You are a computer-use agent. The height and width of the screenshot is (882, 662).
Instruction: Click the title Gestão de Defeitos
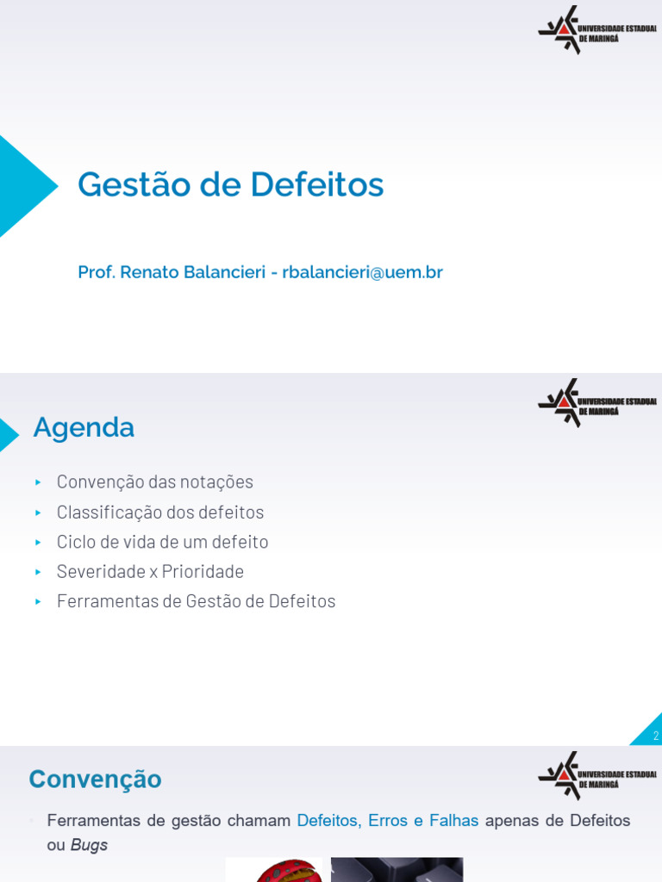(x=230, y=184)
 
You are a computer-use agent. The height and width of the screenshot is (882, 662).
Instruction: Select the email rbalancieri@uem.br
(x=362, y=272)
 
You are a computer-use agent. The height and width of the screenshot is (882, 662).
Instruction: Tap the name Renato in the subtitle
(x=149, y=272)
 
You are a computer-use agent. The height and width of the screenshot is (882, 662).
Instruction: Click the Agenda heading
(x=84, y=427)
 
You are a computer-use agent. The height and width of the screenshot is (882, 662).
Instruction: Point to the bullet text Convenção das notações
(x=155, y=481)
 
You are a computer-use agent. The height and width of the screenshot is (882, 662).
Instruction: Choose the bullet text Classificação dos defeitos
(x=160, y=512)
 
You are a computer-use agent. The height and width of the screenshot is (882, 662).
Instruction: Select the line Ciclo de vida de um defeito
(x=162, y=542)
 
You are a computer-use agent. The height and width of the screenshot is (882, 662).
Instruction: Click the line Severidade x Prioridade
(x=150, y=571)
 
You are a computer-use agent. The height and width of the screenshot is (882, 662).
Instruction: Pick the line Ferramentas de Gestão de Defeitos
(x=196, y=601)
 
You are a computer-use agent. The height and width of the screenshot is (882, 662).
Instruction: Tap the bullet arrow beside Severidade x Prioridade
(x=38, y=572)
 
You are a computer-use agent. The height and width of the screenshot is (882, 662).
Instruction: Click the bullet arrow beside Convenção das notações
(x=38, y=482)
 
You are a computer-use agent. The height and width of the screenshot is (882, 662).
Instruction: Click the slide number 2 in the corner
(x=655, y=736)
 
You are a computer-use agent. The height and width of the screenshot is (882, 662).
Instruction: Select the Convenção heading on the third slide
(x=95, y=780)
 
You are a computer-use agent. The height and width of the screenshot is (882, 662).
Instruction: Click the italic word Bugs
(x=89, y=845)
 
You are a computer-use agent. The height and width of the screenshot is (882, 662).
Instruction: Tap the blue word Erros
(x=387, y=821)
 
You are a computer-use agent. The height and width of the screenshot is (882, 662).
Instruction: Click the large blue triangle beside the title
(x=24, y=186)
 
